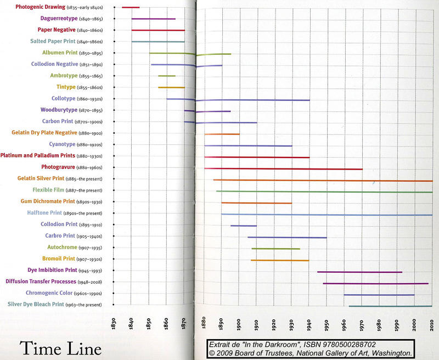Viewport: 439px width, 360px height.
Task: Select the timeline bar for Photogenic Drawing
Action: point(131,7)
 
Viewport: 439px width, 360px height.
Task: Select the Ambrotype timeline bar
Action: point(167,76)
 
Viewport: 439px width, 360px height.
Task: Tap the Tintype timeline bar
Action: point(171,87)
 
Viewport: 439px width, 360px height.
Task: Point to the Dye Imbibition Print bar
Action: point(359,272)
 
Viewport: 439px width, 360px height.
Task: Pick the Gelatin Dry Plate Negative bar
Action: point(222,134)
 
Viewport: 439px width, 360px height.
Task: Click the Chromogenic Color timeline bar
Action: point(379,295)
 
